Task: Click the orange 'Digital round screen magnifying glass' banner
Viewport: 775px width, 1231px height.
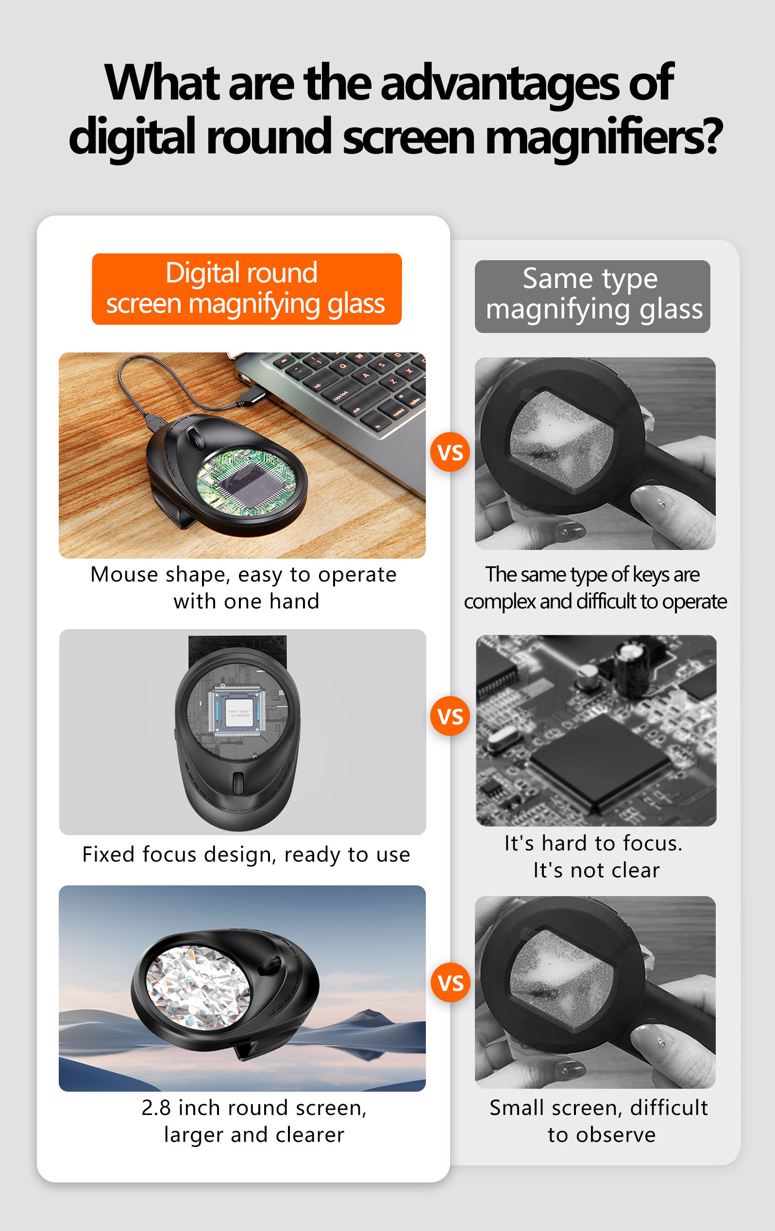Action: point(247,289)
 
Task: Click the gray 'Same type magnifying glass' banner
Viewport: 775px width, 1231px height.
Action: point(592,297)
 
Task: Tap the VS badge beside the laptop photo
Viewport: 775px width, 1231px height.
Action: point(450,452)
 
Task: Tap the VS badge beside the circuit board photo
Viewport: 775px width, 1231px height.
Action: point(450,716)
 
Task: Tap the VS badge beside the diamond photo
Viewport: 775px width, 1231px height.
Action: point(451,982)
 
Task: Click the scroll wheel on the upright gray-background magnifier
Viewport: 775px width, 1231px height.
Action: point(238,783)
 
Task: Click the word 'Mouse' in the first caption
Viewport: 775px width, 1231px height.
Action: point(124,575)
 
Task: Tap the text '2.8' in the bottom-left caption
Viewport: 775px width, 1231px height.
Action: point(156,1107)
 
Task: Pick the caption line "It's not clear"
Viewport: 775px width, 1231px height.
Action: point(596,870)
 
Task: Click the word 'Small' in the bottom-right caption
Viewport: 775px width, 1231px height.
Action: point(516,1107)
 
